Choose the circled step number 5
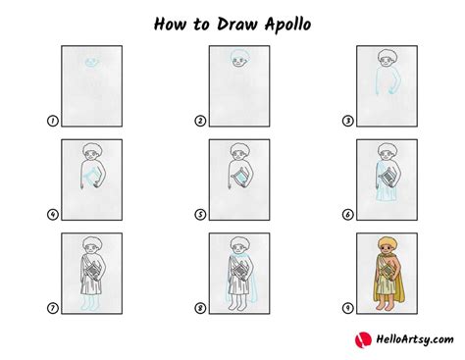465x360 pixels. coord(200,214)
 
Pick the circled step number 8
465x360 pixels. coord(200,307)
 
